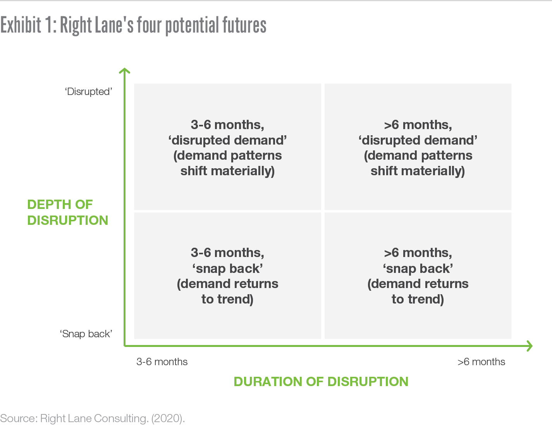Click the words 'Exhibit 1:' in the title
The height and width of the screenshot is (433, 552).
(28, 25)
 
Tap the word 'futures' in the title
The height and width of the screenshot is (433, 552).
(244, 25)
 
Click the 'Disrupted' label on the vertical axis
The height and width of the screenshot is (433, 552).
(88, 91)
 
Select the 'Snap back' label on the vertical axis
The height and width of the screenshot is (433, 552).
(86, 334)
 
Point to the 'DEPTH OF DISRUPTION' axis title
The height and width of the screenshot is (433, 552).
(67, 212)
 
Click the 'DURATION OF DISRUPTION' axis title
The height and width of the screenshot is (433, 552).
(321, 381)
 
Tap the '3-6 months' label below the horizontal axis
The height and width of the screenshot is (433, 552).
(162, 362)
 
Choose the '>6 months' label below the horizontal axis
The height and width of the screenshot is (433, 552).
(481, 362)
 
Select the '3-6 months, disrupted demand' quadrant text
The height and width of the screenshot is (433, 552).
(228, 148)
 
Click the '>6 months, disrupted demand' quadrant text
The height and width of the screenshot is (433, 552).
(418, 148)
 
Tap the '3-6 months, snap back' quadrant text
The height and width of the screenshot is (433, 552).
(228, 276)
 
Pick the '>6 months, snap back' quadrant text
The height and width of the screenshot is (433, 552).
(418, 276)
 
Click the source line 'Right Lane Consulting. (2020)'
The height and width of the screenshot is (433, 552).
(112, 419)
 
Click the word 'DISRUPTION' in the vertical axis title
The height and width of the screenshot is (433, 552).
(67, 220)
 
